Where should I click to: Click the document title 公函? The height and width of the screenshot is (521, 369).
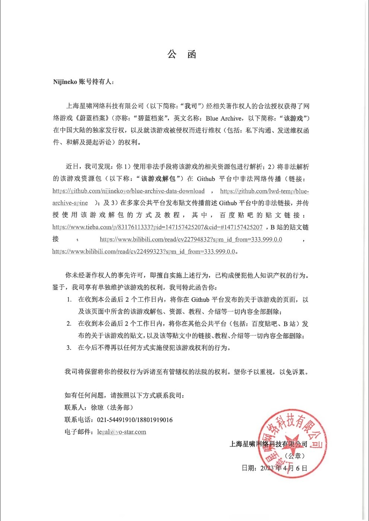click(182, 55)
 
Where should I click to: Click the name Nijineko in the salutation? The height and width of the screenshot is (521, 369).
click(65, 82)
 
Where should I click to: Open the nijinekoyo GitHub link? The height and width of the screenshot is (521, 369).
click(128, 191)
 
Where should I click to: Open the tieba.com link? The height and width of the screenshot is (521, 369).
click(157, 227)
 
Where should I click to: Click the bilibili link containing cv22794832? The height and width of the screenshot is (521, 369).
click(191, 239)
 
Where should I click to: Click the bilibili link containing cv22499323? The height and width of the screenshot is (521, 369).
click(144, 252)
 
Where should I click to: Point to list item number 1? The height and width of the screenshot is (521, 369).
click(69, 300)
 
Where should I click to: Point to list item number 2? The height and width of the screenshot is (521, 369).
click(69, 324)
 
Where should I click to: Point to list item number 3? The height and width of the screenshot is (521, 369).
click(69, 348)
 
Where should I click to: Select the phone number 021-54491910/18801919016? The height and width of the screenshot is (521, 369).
click(135, 420)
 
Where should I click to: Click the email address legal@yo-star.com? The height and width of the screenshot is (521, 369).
click(122, 432)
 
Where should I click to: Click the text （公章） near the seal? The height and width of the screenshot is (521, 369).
click(295, 456)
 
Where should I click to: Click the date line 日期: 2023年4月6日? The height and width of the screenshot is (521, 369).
click(274, 468)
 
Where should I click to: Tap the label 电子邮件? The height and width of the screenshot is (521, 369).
click(78, 432)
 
